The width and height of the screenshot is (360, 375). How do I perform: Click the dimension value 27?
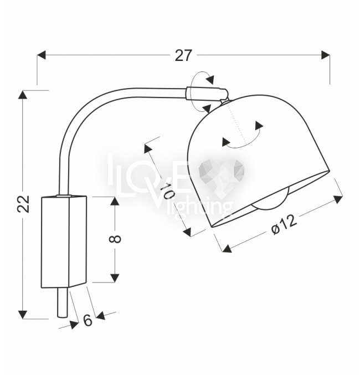coord(183,55)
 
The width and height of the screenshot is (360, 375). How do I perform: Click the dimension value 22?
coord(23,204)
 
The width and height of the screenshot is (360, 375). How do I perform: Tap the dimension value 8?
coord(115,239)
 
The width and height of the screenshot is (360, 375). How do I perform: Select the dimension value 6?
coord(88,320)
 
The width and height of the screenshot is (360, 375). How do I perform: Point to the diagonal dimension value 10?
coord(167,191)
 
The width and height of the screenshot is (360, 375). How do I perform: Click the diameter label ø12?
coord(284,225)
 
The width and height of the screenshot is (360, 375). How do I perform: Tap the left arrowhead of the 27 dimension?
coord(42,55)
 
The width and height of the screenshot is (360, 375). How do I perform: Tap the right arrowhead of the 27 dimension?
coord(326,55)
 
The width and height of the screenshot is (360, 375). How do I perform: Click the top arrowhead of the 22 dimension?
coord(23,95)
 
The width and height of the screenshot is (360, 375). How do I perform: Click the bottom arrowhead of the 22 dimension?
coord(23,315)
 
